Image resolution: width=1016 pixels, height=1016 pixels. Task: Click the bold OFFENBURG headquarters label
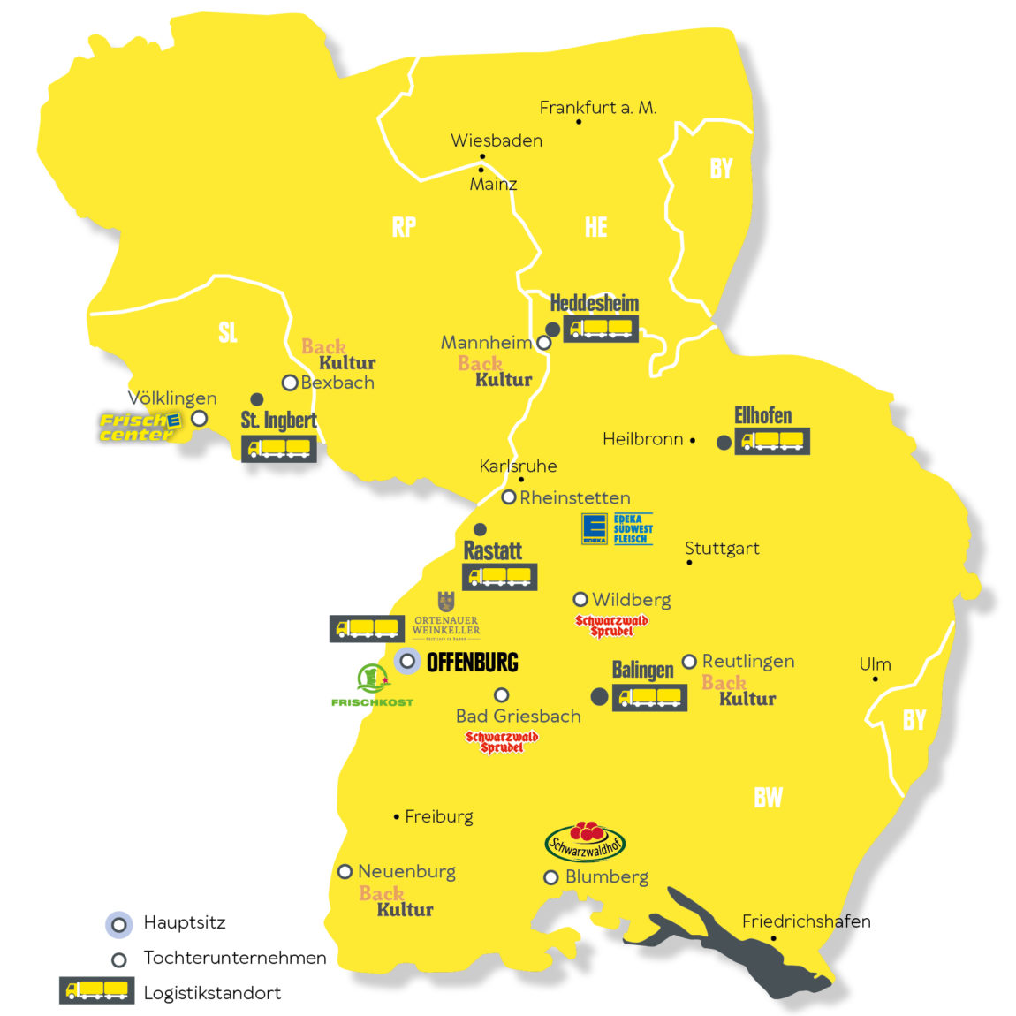tap(472, 663)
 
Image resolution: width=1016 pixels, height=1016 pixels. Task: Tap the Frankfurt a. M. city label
tap(597, 108)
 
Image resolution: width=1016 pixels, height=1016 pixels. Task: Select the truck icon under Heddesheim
tap(601, 330)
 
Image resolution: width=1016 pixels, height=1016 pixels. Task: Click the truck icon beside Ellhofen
tap(772, 440)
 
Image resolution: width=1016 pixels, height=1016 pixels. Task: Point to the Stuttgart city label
tap(722, 549)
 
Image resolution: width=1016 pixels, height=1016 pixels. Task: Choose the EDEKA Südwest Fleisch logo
tap(617, 528)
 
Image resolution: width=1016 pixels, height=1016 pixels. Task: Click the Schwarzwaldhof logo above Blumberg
tap(585, 841)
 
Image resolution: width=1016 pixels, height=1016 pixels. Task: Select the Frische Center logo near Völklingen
tap(140, 427)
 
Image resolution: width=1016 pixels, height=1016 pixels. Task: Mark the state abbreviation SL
tap(228, 333)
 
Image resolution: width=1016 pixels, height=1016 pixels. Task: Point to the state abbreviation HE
tap(596, 228)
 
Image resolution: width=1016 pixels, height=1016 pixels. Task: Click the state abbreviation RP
tap(404, 228)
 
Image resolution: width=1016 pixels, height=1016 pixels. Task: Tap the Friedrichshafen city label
tap(806, 921)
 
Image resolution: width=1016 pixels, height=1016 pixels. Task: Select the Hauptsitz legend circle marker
tap(118, 925)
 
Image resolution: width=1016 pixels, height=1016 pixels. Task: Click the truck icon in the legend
tap(96, 990)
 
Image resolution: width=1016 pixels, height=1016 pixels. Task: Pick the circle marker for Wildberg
tap(580, 600)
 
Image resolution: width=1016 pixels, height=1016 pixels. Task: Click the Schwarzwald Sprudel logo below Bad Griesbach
tap(502, 742)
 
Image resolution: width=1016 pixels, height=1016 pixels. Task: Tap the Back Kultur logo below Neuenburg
tap(396, 901)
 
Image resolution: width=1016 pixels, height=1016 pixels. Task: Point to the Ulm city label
tap(875, 664)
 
